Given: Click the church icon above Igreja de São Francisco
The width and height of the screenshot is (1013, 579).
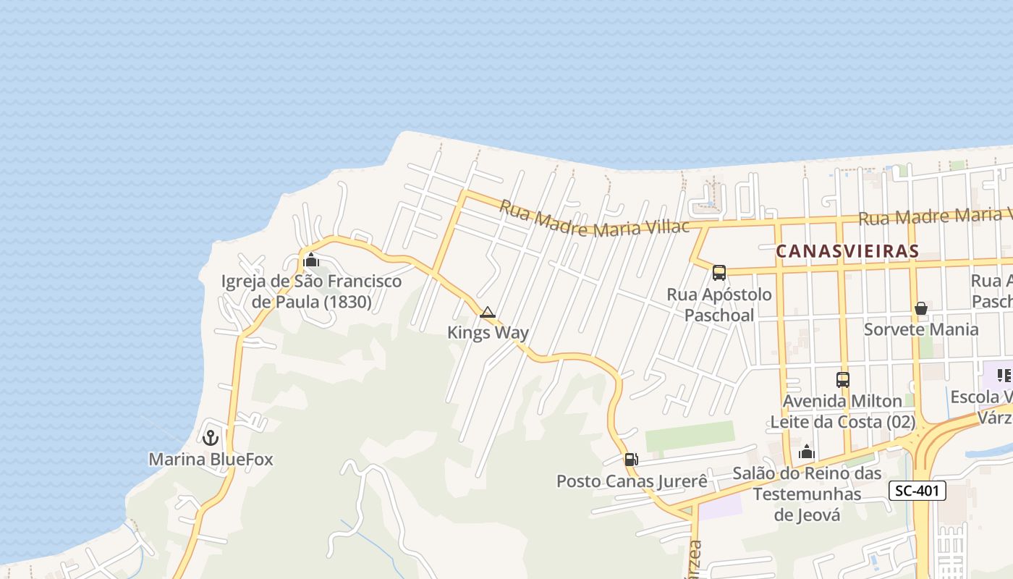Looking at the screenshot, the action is [x=311, y=260].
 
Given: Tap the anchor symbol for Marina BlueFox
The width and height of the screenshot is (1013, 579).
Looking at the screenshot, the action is [x=211, y=438].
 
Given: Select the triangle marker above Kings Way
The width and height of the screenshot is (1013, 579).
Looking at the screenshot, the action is [x=488, y=313].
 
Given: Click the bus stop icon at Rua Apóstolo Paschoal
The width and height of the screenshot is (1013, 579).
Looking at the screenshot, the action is [x=719, y=273].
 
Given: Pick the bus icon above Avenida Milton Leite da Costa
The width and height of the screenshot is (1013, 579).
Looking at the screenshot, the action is [x=843, y=379].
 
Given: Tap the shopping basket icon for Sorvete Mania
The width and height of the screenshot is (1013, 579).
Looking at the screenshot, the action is [x=921, y=309].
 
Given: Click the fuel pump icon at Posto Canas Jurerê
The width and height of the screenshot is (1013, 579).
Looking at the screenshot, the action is [x=631, y=460].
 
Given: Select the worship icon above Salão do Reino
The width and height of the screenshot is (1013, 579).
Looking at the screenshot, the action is [x=807, y=453].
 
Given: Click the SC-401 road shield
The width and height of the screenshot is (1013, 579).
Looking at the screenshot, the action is [x=917, y=491].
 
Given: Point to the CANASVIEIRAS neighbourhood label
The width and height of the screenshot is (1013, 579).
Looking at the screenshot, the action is [x=847, y=252].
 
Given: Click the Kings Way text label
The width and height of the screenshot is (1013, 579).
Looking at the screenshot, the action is [x=488, y=333].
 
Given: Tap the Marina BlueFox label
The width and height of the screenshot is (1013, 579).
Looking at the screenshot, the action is [x=211, y=460].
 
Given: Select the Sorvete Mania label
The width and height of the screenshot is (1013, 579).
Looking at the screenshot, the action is [x=921, y=329].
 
